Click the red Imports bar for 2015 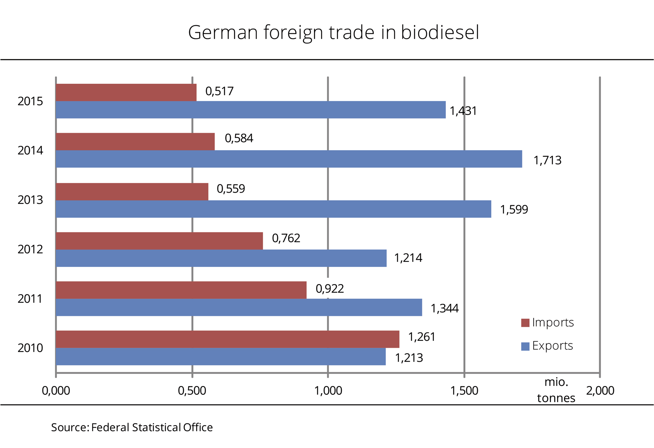coord(126,92)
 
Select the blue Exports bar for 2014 coord(289,159)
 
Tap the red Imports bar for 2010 coord(227,339)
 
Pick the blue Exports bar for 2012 coord(221,258)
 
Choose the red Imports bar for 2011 coord(181,290)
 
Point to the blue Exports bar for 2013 coord(273,209)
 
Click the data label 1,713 coord(547,160)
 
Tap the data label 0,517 coord(219,91)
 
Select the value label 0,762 coord(286,238)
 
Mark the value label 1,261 coord(422,337)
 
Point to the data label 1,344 coord(445,308)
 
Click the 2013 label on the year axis coord(30,200)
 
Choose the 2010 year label coord(30,348)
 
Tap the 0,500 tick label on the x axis coord(192,390)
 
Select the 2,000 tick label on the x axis coord(600,390)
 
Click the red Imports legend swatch coord(525,323)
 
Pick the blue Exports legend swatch coord(525,346)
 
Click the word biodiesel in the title coord(440,32)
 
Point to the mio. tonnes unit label coord(556,390)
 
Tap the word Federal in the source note coord(110,427)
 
